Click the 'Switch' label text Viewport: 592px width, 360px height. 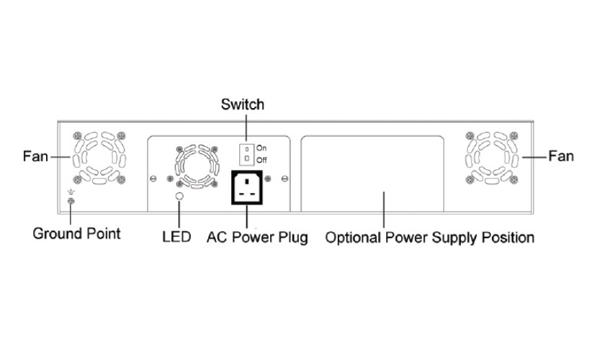tap(242, 104)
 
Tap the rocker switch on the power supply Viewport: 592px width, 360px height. tap(246, 152)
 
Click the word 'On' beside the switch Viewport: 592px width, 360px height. tap(261, 147)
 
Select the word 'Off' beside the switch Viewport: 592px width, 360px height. tap(261, 158)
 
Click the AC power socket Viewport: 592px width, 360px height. tap(246, 188)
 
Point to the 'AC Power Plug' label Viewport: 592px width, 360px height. tap(257, 237)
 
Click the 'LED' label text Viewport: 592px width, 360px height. tap(177, 237)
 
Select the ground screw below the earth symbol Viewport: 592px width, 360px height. tap(70, 203)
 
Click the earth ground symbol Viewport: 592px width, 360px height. tap(70, 193)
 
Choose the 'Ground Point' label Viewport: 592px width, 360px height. tap(77, 234)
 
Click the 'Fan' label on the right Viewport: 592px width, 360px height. tap(561, 156)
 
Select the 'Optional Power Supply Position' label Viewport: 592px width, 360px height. tap(430, 237)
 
